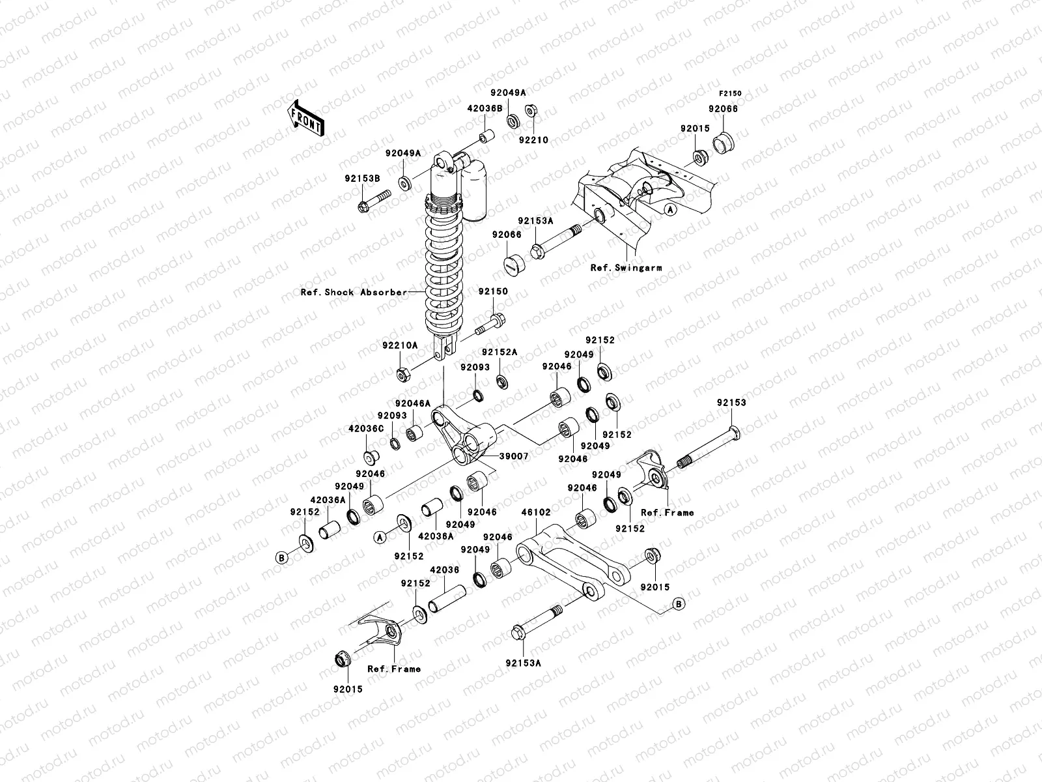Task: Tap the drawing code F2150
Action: click(730, 94)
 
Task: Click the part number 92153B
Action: click(362, 178)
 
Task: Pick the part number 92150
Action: click(493, 292)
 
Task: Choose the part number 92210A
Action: click(401, 346)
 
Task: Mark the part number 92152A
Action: click(500, 352)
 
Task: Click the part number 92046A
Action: click(413, 404)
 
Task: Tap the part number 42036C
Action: click(366, 429)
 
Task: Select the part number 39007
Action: click(514, 457)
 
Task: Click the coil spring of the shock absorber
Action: click(445, 261)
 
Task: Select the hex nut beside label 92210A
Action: click(403, 375)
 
